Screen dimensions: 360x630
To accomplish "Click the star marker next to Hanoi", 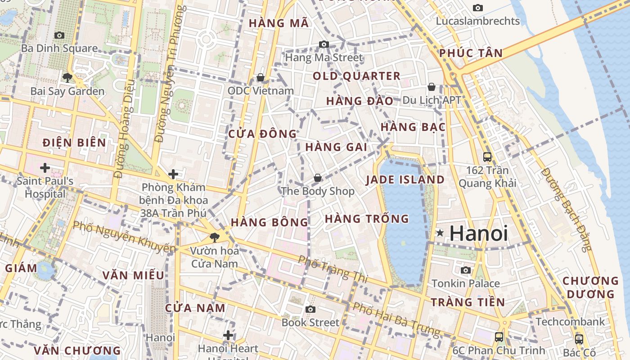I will (x=440, y=233).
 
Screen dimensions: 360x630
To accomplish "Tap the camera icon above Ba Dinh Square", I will (x=59, y=35).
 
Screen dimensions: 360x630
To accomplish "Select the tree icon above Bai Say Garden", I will (x=67, y=78).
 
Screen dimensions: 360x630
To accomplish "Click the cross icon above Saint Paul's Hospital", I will (x=45, y=168).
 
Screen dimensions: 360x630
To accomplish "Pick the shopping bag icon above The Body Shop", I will (x=318, y=178).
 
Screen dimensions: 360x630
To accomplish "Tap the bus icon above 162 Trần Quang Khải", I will (x=487, y=157).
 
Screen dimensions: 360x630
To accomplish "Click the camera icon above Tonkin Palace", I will (x=466, y=270).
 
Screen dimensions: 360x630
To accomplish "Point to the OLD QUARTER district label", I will (x=356, y=76).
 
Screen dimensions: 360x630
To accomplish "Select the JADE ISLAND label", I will (x=405, y=180).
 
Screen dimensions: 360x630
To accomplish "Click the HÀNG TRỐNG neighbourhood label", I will (x=367, y=219).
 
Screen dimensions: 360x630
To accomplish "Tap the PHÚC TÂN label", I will (x=471, y=53).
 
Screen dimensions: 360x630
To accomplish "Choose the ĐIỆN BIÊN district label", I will (x=74, y=143).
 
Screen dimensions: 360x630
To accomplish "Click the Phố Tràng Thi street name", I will (x=333, y=269).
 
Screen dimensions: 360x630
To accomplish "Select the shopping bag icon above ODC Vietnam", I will (x=260, y=78).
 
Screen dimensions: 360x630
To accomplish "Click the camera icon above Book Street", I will (x=310, y=309).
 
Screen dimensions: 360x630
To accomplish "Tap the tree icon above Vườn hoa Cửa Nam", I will (x=214, y=237).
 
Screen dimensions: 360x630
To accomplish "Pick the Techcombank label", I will (x=570, y=322).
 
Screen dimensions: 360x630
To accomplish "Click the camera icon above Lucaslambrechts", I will (x=478, y=8).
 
